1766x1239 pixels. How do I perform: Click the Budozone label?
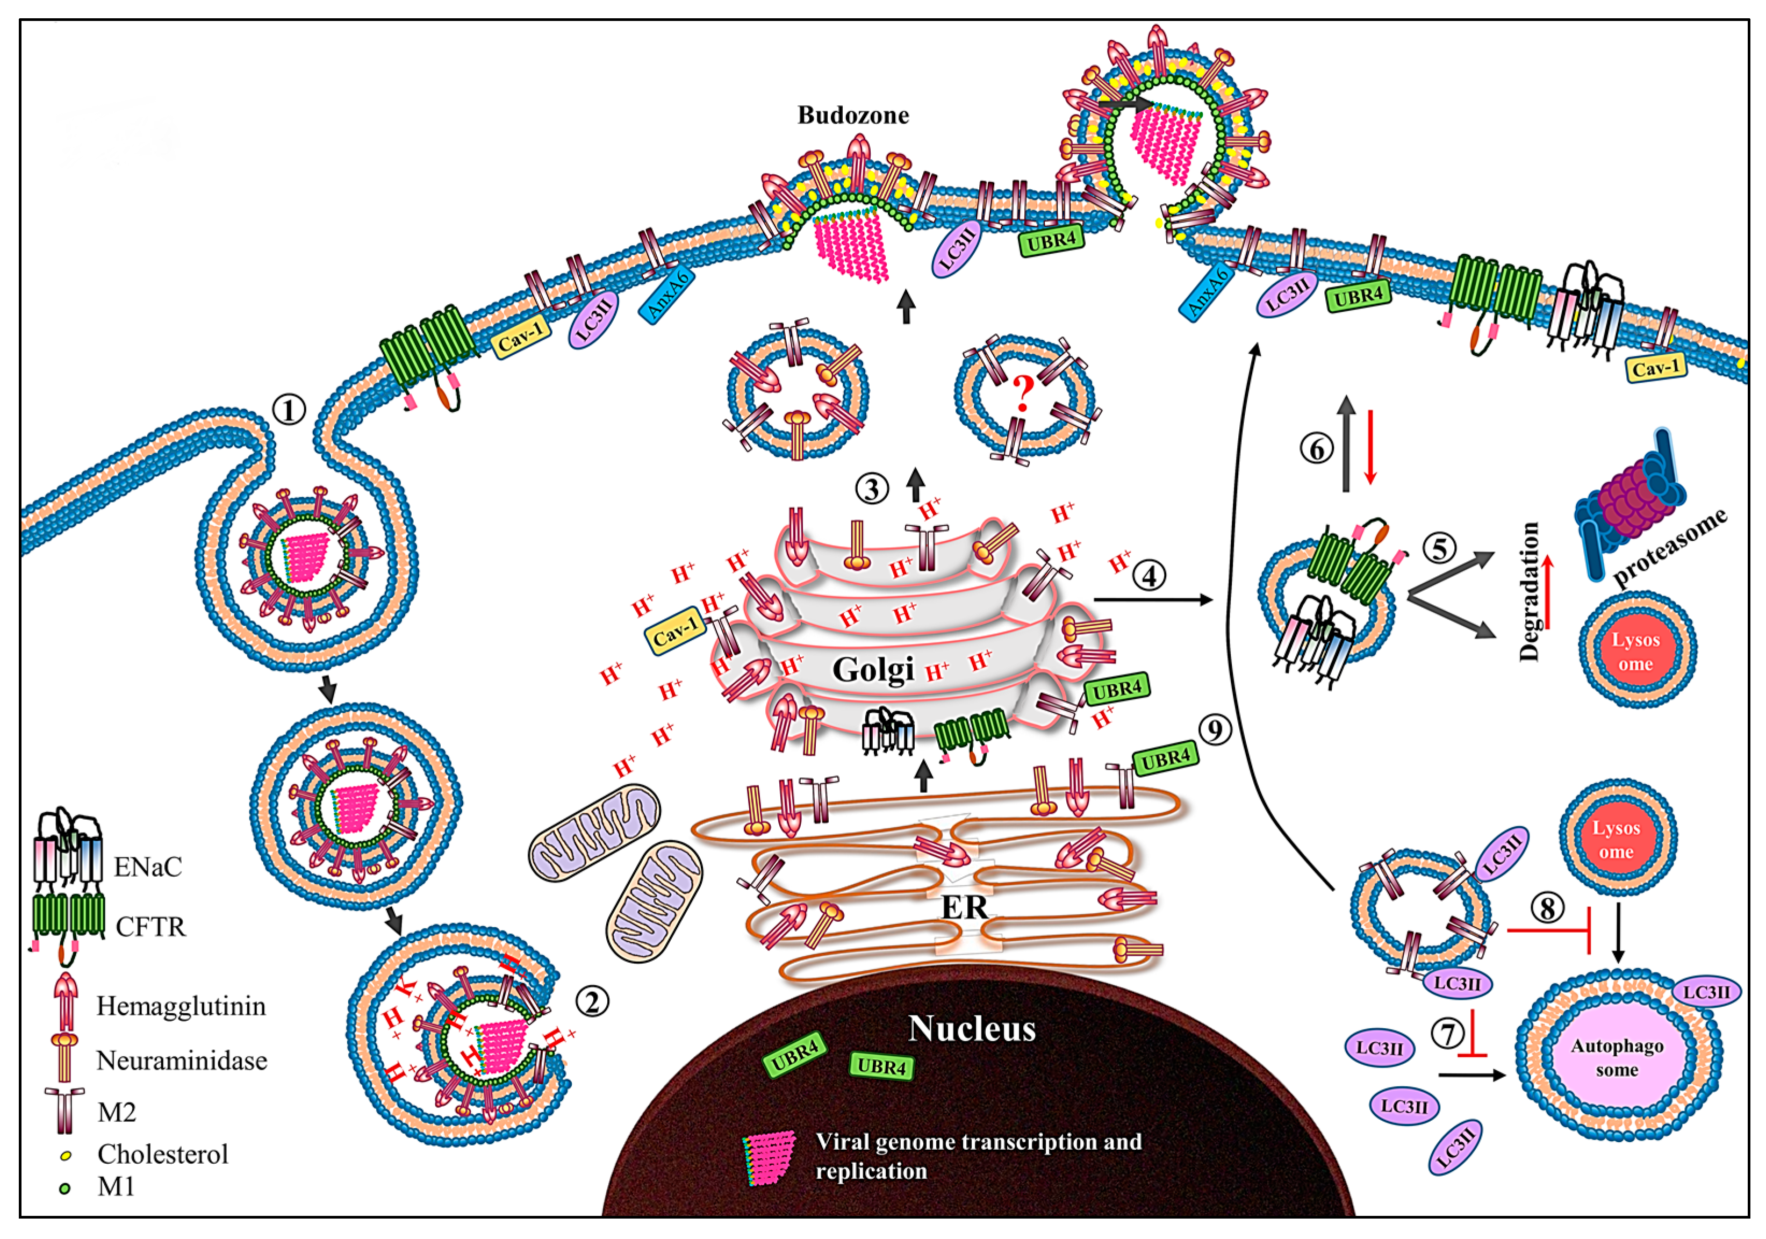(x=853, y=116)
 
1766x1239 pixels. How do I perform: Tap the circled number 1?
(x=289, y=410)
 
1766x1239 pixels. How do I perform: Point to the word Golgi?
(x=873, y=669)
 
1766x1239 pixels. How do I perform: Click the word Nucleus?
(x=972, y=1028)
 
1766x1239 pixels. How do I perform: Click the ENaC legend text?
(x=148, y=866)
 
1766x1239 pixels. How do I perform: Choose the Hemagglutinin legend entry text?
(x=181, y=1006)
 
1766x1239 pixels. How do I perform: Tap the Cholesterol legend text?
(x=162, y=1154)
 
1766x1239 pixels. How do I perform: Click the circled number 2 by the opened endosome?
(x=592, y=1001)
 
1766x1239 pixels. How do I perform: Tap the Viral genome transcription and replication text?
(x=978, y=1156)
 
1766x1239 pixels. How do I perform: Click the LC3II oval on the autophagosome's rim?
(x=1706, y=992)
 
